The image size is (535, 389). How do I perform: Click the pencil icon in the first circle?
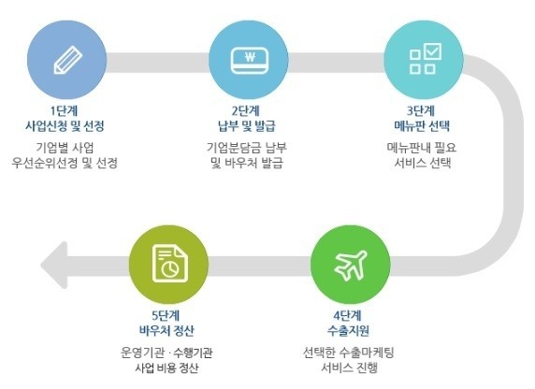pos(68,60)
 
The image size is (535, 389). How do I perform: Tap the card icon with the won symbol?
pos(250,61)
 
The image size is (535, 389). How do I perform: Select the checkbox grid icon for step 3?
pos(426,58)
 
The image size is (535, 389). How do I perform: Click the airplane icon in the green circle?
pos(351,266)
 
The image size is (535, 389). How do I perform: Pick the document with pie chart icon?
pos(169,264)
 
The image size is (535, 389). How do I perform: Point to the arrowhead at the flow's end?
pos(54,266)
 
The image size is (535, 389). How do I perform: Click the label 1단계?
pos(65,111)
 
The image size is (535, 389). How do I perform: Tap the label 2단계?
pos(246,111)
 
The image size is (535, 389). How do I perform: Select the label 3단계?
pos(421,111)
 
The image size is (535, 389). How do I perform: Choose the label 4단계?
pos(348,316)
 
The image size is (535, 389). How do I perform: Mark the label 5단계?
pos(166,316)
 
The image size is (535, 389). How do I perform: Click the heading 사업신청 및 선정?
pos(65,126)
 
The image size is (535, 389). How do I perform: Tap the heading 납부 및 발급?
pos(246,126)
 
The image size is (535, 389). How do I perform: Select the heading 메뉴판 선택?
pos(422,126)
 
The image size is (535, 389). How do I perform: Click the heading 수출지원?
pos(348,331)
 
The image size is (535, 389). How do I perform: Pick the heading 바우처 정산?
pos(166,331)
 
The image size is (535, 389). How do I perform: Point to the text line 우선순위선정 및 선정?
pos(65,163)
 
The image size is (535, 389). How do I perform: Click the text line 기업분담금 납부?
pos(246,148)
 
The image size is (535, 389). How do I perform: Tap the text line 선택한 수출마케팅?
pos(348,353)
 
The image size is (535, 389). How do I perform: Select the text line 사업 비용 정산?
pos(166,367)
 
